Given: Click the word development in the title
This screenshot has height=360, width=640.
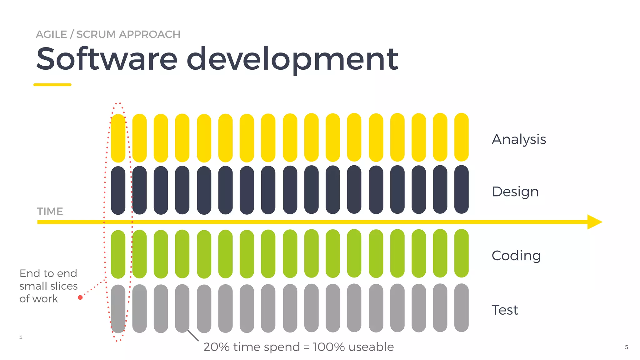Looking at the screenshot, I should click(x=292, y=59).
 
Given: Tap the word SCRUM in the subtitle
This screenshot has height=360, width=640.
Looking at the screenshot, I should click(x=96, y=34).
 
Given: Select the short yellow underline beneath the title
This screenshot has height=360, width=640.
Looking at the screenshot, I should click(x=52, y=85).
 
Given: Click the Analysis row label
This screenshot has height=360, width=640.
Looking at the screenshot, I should click(x=519, y=139).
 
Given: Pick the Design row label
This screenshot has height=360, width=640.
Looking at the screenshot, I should click(x=515, y=192).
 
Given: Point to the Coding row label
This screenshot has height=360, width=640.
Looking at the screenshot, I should click(x=516, y=256).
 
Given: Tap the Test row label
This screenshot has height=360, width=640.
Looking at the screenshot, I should click(x=505, y=310).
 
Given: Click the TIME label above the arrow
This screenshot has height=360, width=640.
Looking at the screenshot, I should click(x=50, y=212).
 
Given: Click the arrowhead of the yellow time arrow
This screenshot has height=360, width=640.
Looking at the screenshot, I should click(x=594, y=222).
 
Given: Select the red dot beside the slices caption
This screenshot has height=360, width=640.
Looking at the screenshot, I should click(x=80, y=297).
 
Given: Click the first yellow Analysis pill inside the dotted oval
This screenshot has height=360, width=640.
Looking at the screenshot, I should click(x=118, y=138).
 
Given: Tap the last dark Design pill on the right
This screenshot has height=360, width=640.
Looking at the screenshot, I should click(x=461, y=189).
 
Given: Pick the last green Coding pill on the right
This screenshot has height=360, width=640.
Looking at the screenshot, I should click(x=461, y=253).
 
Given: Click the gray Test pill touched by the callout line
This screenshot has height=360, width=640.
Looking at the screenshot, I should click(x=182, y=308).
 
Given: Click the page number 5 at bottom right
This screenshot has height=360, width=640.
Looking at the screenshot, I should click(x=626, y=347).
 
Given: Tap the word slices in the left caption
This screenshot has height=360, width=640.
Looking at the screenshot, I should click(x=63, y=286).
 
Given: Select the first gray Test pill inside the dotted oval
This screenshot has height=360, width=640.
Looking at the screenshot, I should click(x=118, y=309).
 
